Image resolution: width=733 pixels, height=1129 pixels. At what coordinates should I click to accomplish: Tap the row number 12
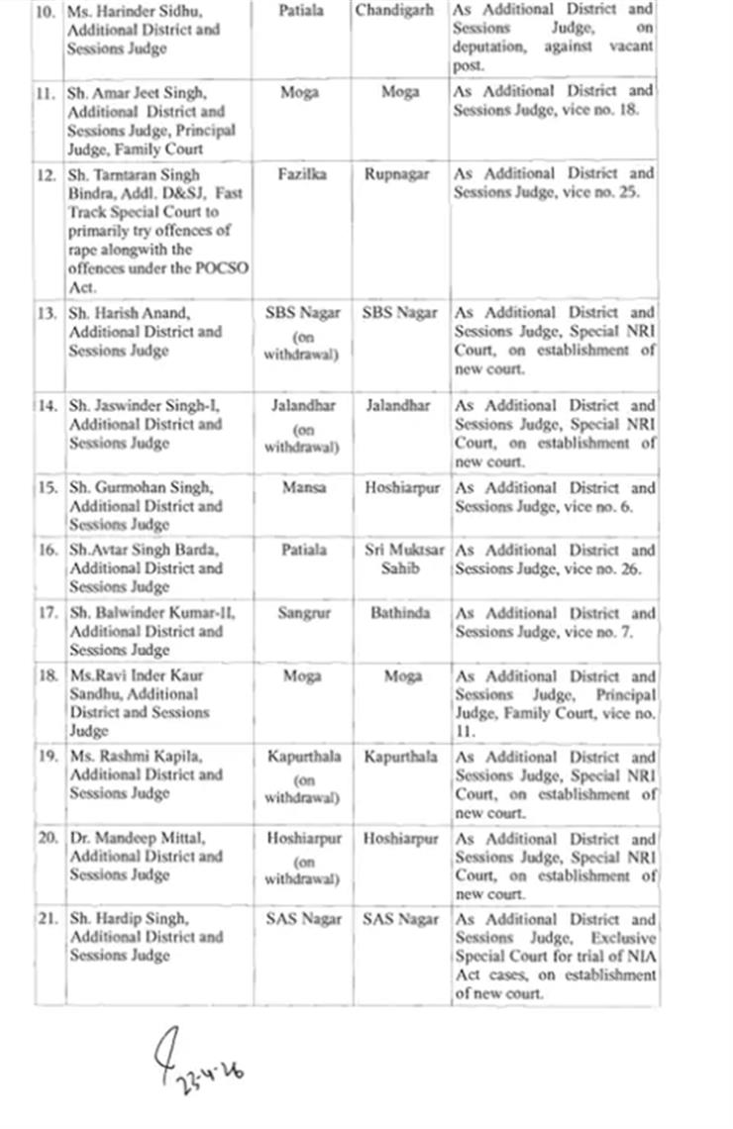pos(48,174)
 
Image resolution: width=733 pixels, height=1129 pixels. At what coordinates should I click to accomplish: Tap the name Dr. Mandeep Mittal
pos(138,838)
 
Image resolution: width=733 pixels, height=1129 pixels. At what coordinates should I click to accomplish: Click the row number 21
pos(48,919)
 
